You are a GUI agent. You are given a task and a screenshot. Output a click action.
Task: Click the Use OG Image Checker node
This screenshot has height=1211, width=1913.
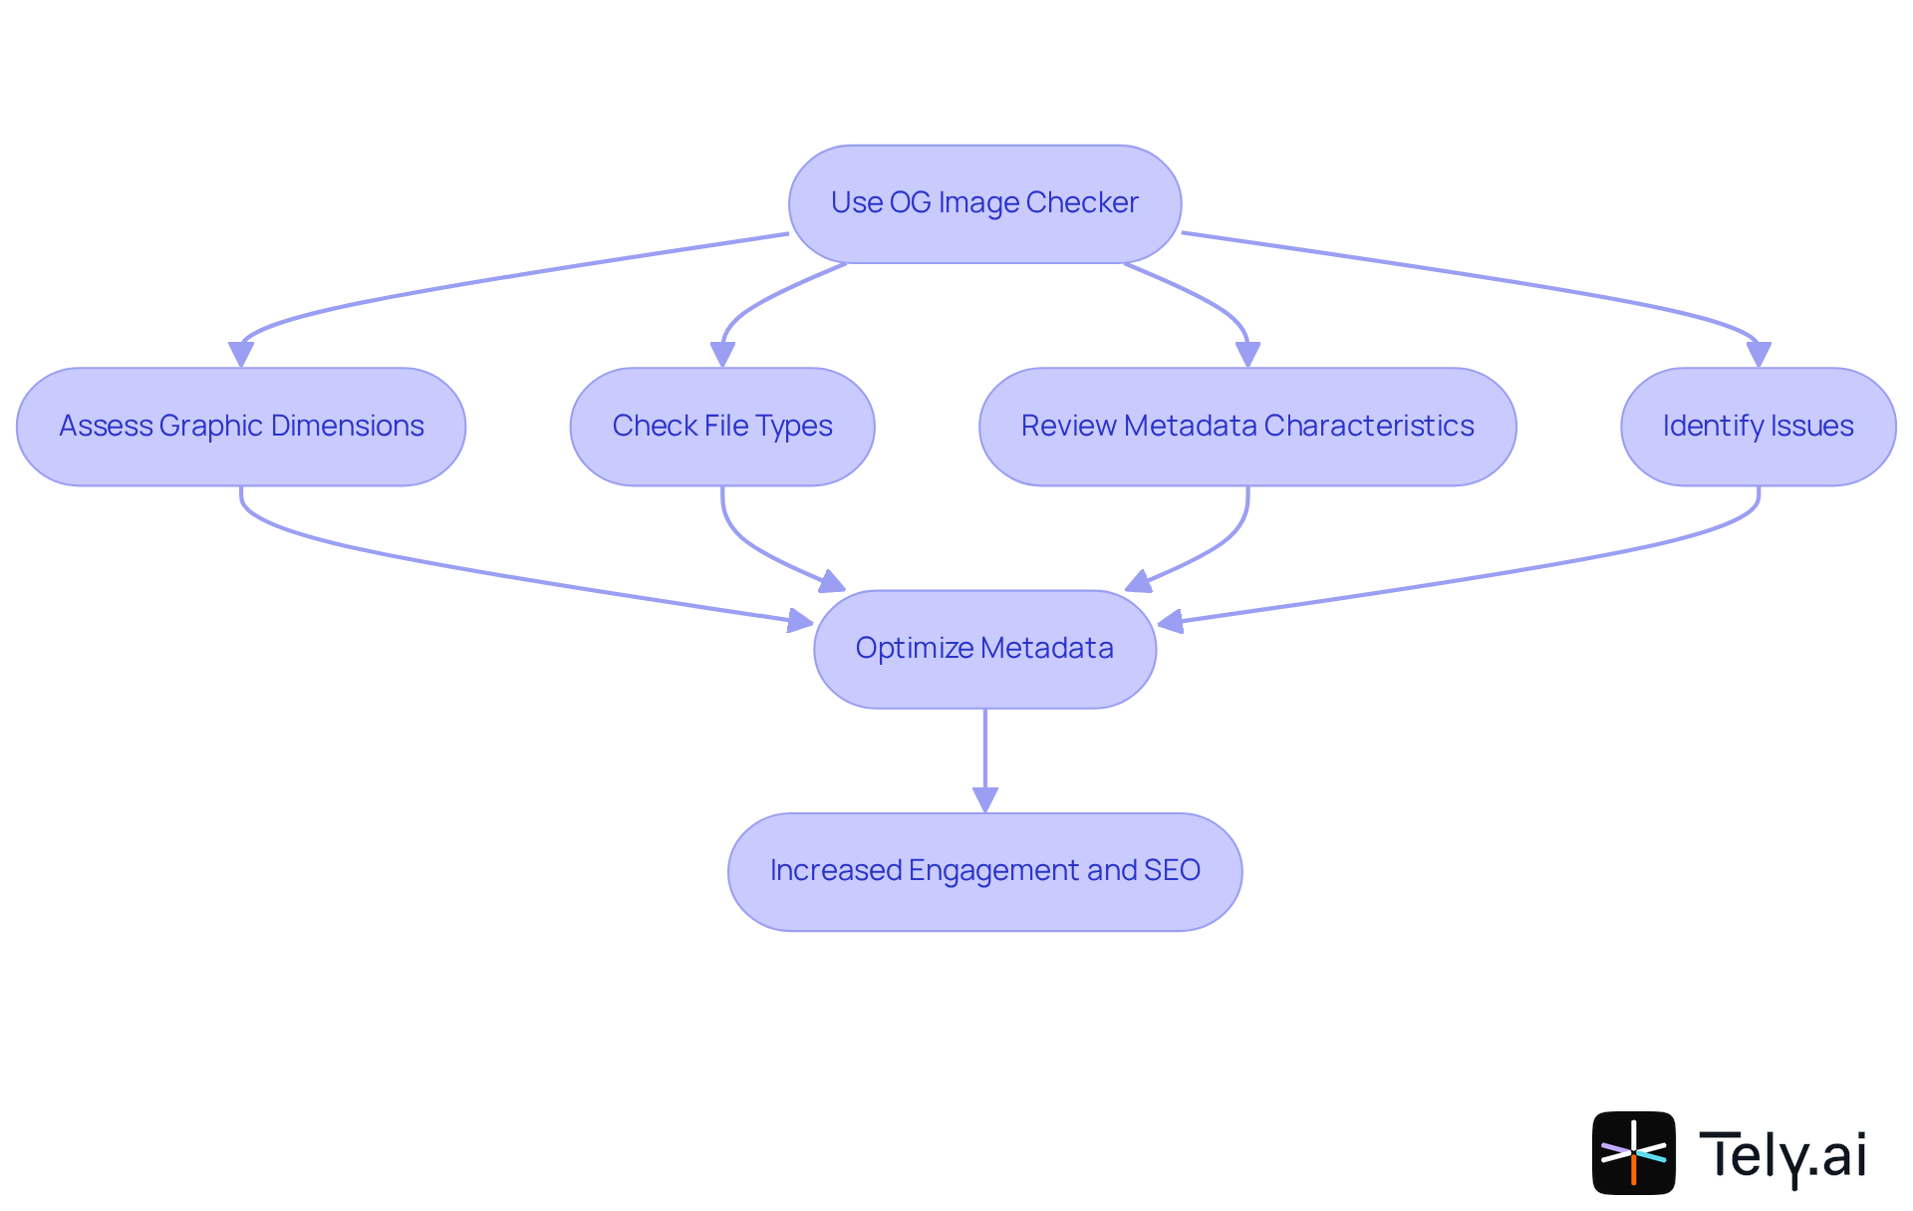(x=984, y=203)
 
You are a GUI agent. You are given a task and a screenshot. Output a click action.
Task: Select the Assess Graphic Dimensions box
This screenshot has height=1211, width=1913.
(x=241, y=427)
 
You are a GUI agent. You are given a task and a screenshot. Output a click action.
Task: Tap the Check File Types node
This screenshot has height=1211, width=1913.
(x=722, y=427)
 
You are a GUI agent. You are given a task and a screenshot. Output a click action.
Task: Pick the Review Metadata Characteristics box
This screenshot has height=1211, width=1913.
(x=1247, y=427)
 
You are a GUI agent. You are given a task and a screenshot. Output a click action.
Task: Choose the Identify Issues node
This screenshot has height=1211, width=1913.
(x=1758, y=427)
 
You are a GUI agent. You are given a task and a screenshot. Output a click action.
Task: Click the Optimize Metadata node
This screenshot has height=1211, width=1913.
(x=984, y=649)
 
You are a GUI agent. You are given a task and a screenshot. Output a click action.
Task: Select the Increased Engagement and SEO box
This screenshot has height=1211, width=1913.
(x=984, y=871)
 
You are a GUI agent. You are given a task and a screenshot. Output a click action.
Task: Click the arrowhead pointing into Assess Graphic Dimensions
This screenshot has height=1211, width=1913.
(x=241, y=355)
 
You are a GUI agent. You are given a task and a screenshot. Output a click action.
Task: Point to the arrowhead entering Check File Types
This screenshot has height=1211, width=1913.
(x=722, y=355)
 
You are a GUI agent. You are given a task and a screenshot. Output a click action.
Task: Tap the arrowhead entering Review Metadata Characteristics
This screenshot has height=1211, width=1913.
(x=1247, y=355)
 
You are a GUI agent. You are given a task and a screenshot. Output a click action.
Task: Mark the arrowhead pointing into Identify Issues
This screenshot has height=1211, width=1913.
(x=1759, y=355)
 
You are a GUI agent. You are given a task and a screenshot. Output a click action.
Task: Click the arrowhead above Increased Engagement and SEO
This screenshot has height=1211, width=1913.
(x=985, y=799)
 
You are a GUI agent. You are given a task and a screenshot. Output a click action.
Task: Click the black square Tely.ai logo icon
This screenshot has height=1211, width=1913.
(x=1633, y=1152)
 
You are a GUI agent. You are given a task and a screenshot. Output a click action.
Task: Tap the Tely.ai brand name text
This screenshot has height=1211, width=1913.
(x=1782, y=1156)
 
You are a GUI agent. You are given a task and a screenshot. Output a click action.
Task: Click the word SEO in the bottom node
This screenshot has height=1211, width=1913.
(x=1172, y=871)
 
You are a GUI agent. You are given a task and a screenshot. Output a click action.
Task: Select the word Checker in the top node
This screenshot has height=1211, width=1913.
(x=1082, y=203)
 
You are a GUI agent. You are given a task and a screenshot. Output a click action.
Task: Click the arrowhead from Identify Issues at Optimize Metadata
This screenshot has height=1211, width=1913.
(x=1170, y=623)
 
